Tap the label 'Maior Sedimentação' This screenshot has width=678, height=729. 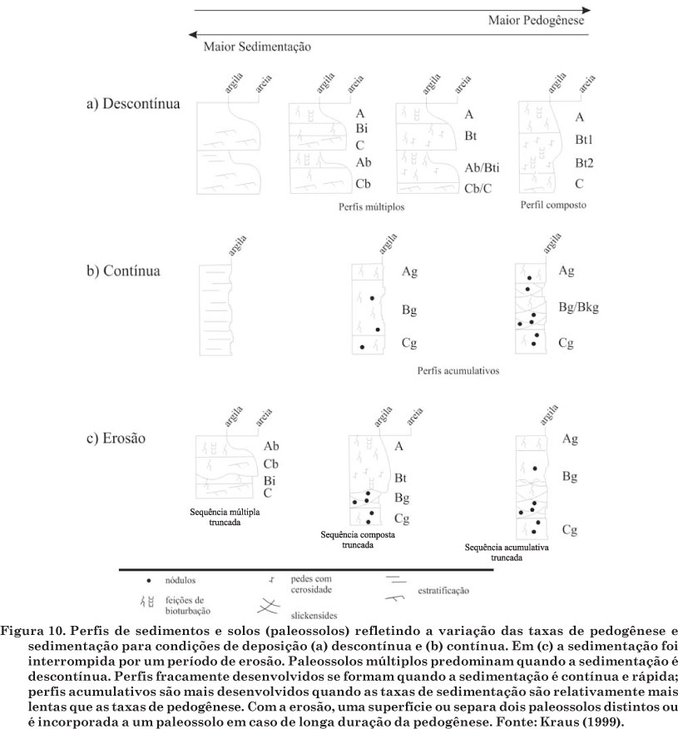257,47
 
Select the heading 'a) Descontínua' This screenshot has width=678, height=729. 134,106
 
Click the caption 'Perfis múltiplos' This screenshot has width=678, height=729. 372,207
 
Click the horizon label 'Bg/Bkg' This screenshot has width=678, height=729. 579,308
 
